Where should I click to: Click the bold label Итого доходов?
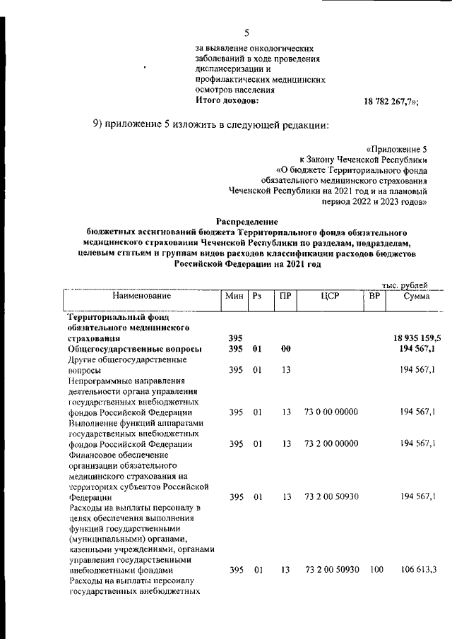(x=227, y=100)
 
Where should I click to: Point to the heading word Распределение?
(x=247, y=221)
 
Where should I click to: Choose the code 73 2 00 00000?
(x=331, y=443)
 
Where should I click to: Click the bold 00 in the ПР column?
(x=285, y=350)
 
